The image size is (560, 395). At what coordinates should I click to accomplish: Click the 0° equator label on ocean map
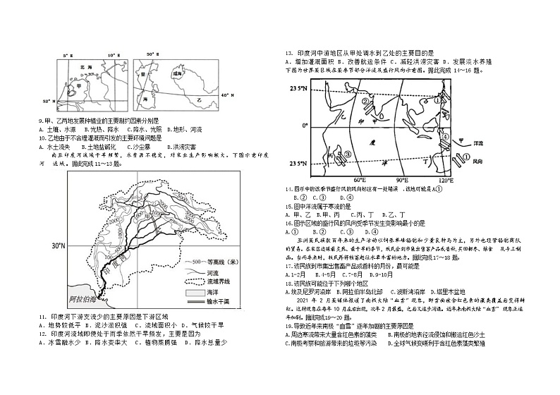coord(305,126)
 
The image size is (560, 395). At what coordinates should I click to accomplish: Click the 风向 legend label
coord(478,162)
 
